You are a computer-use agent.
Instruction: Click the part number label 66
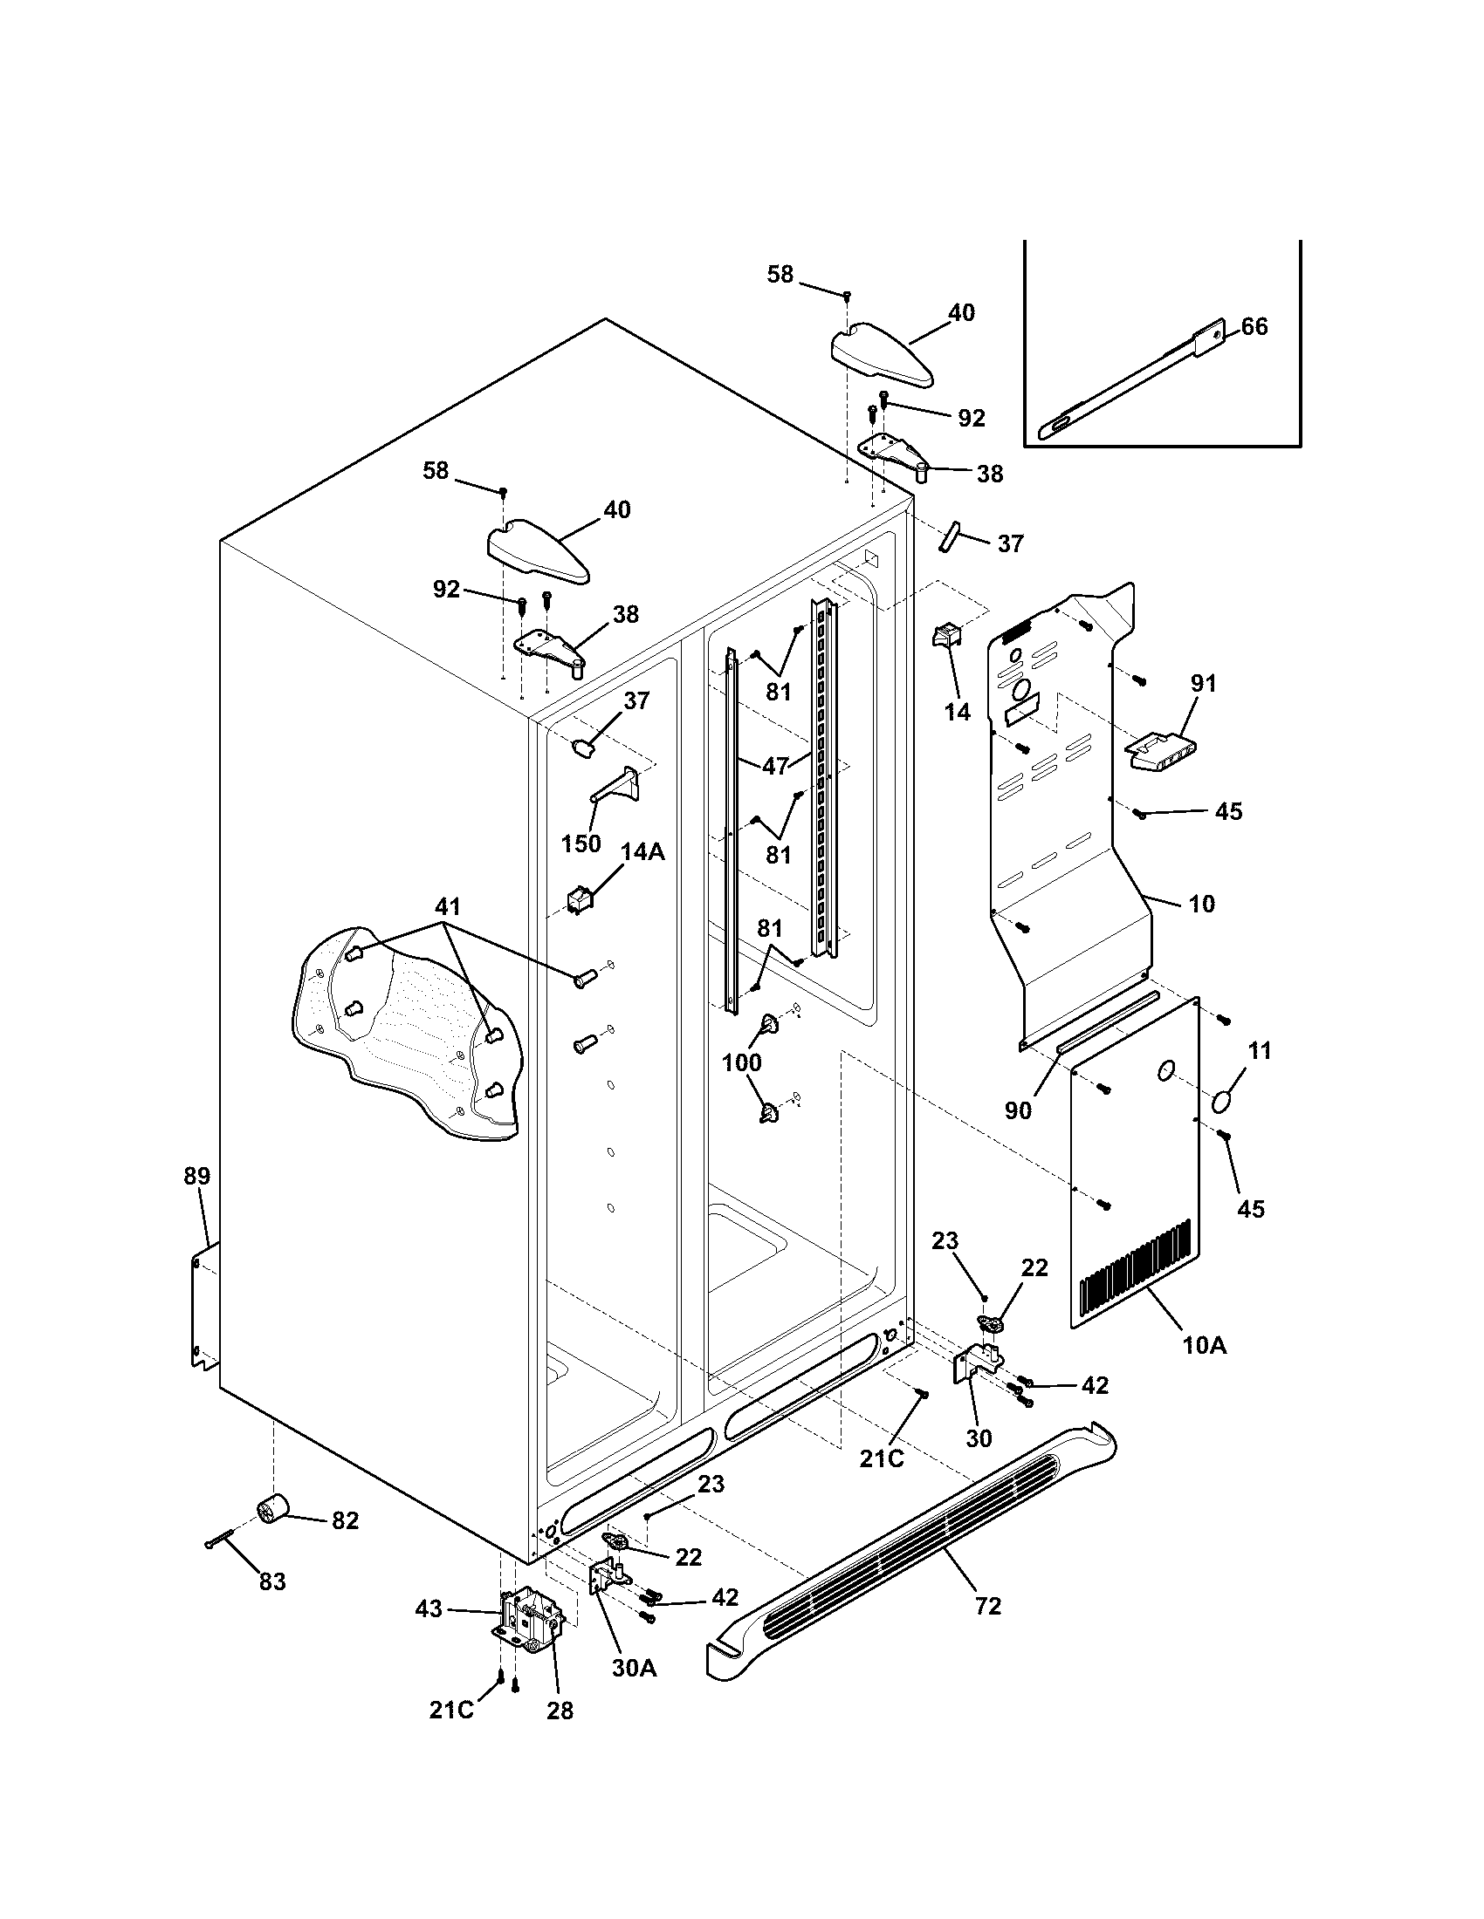[1254, 327]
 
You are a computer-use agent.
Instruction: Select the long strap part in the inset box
[1134, 382]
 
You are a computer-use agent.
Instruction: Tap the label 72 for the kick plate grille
[988, 1606]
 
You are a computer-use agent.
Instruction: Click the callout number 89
[197, 1176]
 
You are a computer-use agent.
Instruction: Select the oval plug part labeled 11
[1223, 1101]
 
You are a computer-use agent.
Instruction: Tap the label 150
[581, 843]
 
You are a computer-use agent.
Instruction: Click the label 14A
[642, 851]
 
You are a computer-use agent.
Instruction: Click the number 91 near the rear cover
[1203, 683]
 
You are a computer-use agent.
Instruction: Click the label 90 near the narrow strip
[1018, 1110]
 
